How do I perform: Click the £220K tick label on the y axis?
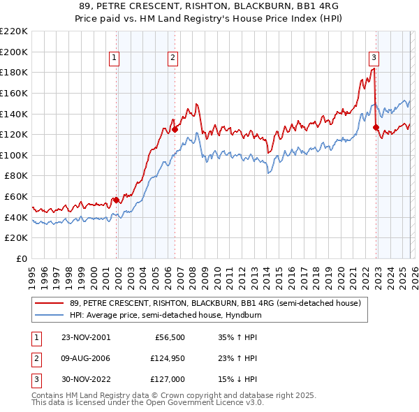pos(14,31)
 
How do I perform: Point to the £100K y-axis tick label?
pos(14,155)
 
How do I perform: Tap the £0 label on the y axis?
pos(21,258)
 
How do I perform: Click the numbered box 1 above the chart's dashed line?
pos(114,59)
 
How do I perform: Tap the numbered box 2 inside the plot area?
pos(172,59)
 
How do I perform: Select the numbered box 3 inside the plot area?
pos(374,59)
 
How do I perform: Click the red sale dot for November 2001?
pos(117,200)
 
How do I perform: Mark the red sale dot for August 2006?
pos(175,129)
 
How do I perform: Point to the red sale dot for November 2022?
pos(376,127)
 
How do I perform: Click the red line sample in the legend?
pos(50,303)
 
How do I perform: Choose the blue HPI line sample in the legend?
pos(50,315)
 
